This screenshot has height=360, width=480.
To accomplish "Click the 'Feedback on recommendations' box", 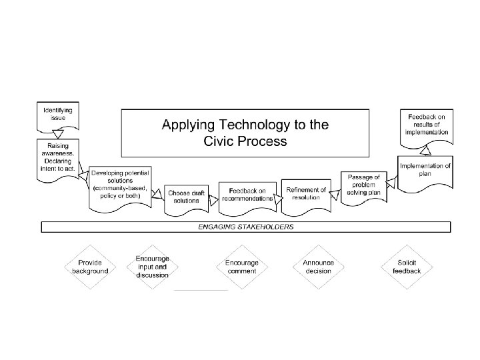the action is pyautogui.click(x=247, y=195).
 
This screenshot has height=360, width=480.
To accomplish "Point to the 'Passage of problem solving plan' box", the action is pyautogui.click(x=363, y=185).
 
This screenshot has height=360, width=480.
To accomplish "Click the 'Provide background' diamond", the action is pyautogui.click(x=90, y=267).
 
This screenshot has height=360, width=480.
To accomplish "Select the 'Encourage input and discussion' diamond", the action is pyautogui.click(x=153, y=267).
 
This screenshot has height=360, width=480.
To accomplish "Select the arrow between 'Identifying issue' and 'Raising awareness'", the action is pyautogui.click(x=58, y=135).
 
